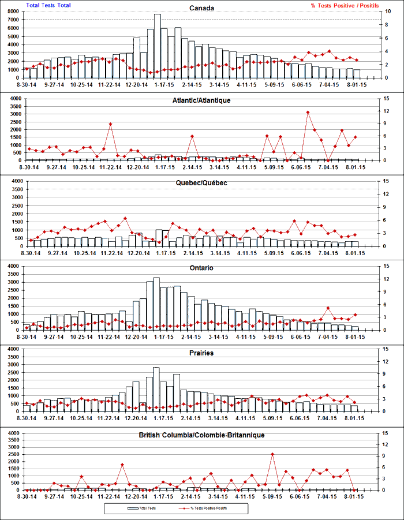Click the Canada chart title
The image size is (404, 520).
coord(202,8)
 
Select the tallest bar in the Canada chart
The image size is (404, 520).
coord(157,46)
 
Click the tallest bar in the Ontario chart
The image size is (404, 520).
coord(156,303)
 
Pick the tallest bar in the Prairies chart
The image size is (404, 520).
coord(156,389)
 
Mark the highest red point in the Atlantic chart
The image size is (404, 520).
coord(308,112)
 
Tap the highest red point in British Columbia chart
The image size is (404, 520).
coord(272,454)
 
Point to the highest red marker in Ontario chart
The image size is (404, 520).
coord(328,308)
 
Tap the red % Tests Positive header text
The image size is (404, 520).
coord(345,5)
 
